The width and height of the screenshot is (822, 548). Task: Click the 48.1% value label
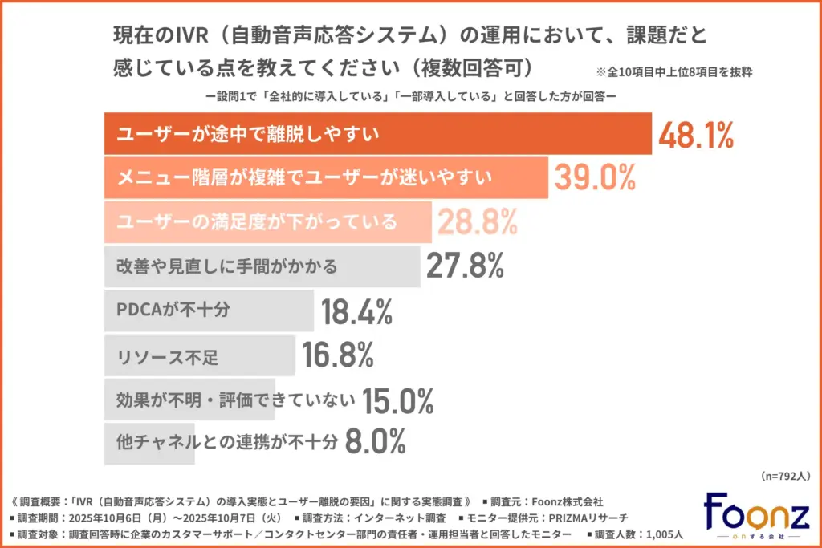(x=696, y=135)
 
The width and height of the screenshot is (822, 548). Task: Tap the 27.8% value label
(x=465, y=265)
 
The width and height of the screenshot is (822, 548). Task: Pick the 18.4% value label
(x=357, y=310)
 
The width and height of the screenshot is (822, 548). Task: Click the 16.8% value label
(x=339, y=353)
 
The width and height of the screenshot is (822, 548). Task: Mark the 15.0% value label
(x=398, y=399)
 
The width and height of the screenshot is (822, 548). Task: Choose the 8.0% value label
(x=375, y=440)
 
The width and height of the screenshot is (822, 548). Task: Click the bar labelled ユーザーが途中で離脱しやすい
(x=378, y=135)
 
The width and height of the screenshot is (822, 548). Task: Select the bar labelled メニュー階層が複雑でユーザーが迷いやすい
(x=326, y=178)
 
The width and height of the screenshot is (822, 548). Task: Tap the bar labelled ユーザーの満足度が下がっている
(x=268, y=221)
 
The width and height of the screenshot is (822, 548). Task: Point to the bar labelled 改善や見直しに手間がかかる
(x=262, y=266)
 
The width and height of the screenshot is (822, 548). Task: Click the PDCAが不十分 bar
(x=210, y=310)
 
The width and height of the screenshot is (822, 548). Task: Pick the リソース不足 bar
(x=200, y=354)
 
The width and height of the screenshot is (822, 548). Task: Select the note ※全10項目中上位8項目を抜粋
(x=673, y=72)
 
